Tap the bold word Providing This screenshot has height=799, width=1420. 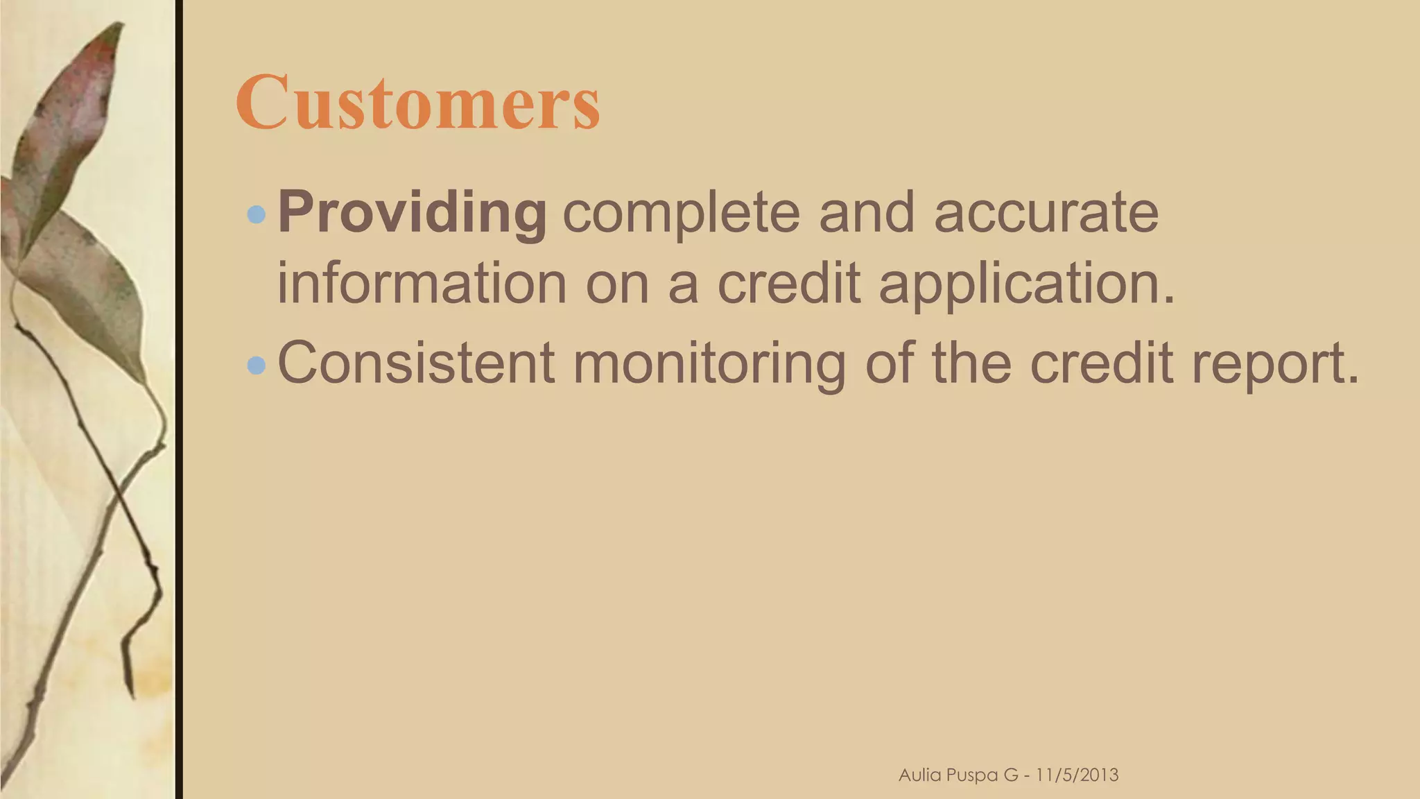413,213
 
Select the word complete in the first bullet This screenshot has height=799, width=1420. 681,213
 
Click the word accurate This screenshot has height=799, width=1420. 1046,213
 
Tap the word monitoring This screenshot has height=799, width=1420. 709,364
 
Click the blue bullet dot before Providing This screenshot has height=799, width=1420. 257,214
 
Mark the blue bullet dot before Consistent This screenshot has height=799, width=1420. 257,364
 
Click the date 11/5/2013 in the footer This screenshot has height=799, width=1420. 1077,775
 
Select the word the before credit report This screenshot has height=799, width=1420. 971,363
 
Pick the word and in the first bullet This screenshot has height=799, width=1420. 867,213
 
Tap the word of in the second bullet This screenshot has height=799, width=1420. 888,363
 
